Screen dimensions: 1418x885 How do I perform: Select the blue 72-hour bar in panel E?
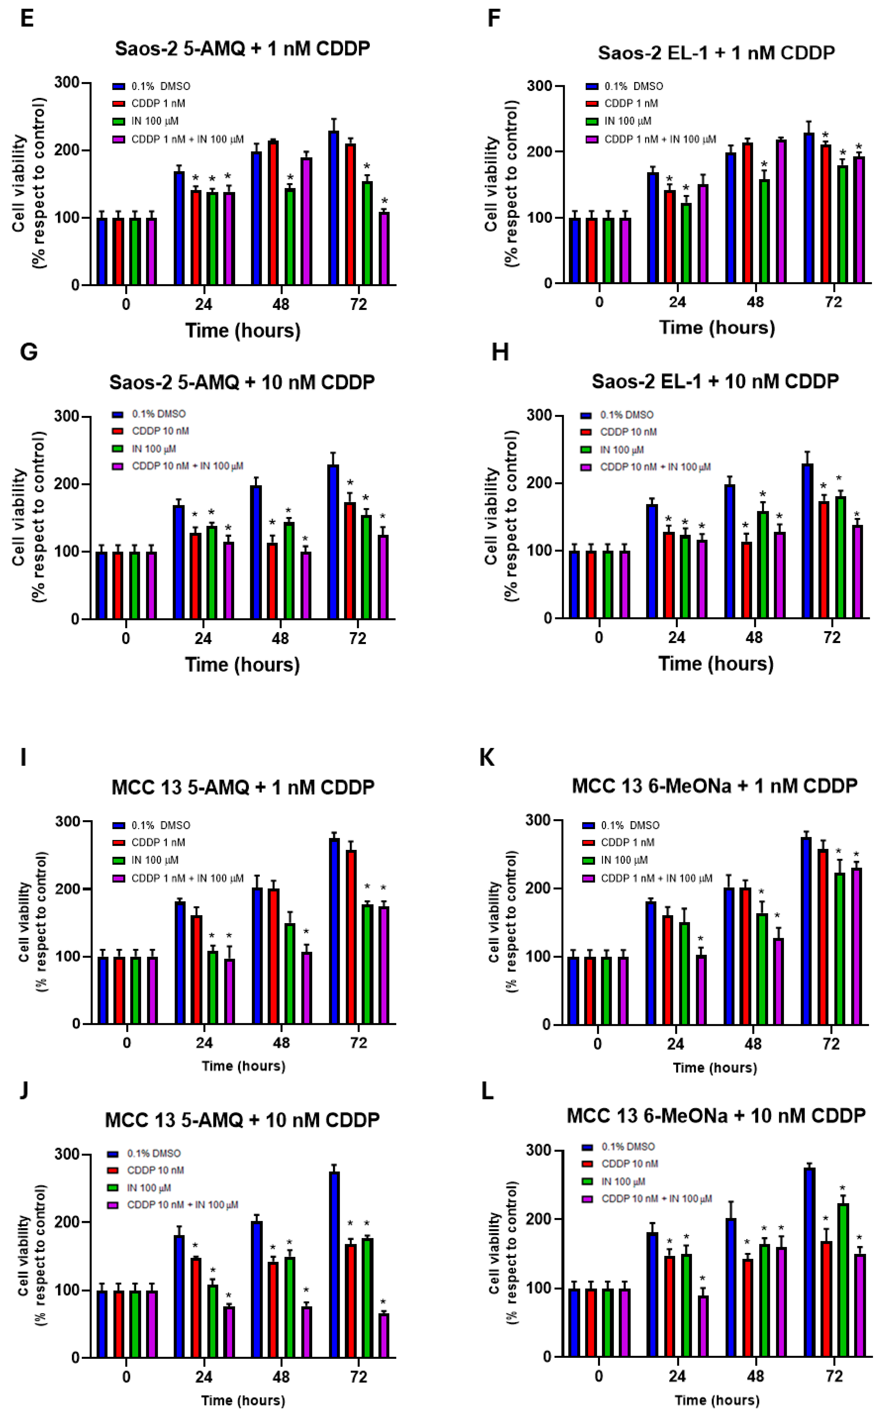334,208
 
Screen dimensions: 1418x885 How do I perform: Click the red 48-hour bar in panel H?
746,580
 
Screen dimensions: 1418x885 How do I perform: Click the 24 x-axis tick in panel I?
204,1043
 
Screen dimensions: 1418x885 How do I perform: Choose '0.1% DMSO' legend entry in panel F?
633,86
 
